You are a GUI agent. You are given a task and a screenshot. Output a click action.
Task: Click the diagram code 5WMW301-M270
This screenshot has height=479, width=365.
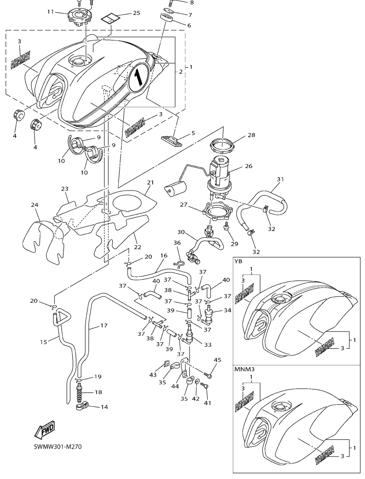[58, 446]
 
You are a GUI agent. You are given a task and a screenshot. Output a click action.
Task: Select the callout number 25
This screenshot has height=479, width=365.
[136, 13]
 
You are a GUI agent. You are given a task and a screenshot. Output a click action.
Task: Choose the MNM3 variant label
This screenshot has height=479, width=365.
[243, 370]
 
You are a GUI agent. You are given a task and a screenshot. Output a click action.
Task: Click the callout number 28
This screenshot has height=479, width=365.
[251, 135]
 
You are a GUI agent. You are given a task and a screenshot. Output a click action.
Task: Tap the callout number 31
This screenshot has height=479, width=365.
[280, 179]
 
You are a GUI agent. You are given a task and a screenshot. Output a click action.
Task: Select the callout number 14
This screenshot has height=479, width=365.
[104, 407]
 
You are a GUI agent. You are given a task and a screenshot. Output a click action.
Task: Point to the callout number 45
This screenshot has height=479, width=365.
[218, 360]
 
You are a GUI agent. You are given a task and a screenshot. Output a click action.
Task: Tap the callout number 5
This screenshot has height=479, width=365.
[193, 132]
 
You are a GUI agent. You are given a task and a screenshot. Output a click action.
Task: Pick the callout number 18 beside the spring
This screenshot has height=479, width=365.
[98, 392]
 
